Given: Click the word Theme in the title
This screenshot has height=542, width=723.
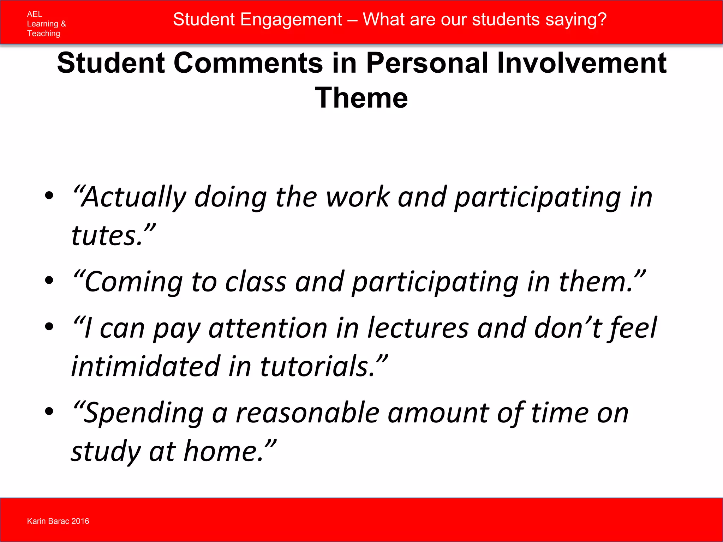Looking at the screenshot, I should pyautogui.click(x=361, y=98).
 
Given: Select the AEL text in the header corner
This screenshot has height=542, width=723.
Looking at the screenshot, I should pyautogui.click(x=34, y=14).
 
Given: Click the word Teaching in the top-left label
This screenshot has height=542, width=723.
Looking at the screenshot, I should pyautogui.click(x=43, y=34).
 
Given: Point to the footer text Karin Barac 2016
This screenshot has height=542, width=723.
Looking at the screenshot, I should pyautogui.click(x=58, y=521).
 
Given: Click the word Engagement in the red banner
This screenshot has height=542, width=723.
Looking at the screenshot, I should pyautogui.click(x=291, y=19).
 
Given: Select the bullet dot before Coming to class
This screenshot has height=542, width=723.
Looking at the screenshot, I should pyautogui.click(x=49, y=280).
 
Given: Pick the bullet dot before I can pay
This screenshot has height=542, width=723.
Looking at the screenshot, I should pyautogui.click(x=49, y=326).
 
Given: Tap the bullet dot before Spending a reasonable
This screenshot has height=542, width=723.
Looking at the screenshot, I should pyautogui.click(x=49, y=411).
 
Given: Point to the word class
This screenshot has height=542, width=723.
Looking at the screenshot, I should pyautogui.click(x=256, y=282).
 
